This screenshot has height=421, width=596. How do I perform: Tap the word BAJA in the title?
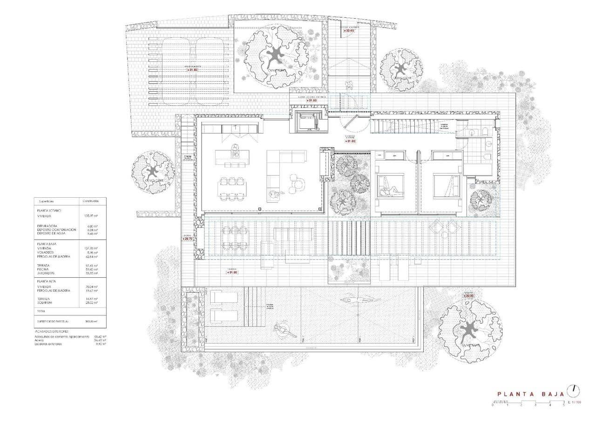553,394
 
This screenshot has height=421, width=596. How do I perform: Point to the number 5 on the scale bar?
564,405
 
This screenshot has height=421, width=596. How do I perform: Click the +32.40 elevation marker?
349,30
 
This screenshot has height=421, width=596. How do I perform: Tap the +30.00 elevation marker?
468,296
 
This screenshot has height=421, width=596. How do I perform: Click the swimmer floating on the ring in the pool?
282,330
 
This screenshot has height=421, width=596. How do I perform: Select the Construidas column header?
90,201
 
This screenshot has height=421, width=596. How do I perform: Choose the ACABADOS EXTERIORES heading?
52,331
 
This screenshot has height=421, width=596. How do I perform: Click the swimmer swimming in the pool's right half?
352,300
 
